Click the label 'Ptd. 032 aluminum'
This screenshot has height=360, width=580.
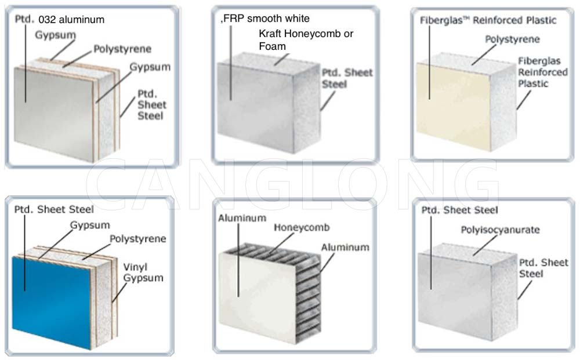(59, 20)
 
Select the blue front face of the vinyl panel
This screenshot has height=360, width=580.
(52, 301)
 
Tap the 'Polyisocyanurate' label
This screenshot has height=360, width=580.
(500, 230)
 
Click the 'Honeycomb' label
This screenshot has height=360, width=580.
(301, 228)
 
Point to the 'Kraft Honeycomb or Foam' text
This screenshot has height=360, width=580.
(306, 40)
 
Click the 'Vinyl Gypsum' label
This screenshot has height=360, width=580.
(143, 272)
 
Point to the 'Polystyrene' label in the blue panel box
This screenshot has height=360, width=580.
(138, 239)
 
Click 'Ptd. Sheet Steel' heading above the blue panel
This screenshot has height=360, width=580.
(53, 209)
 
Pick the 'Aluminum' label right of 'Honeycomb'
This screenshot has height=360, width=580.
(346, 248)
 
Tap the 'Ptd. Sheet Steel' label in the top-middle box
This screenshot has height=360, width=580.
(347, 78)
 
